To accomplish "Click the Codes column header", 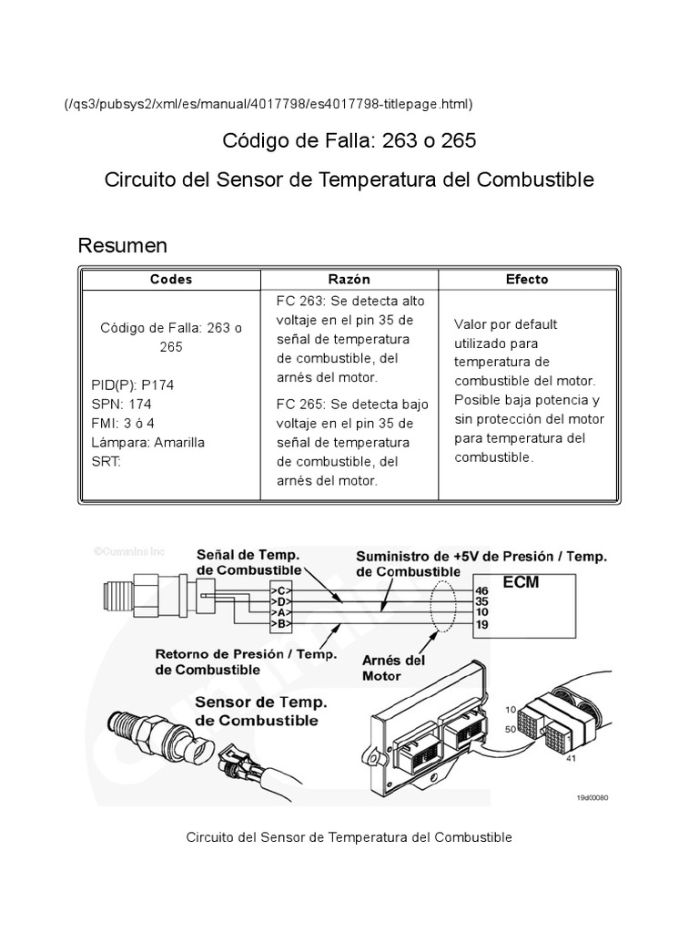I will click(170, 280).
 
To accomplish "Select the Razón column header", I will click(349, 280).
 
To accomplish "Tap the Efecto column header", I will click(527, 280).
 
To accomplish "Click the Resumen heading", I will click(123, 245).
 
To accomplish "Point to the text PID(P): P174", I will click(133, 385).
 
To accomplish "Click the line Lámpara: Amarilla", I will click(148, 442).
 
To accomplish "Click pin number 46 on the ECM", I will click(482, 591).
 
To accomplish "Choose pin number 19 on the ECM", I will click(482, 624).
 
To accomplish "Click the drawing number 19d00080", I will click(592, 795).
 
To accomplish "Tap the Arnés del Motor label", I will click(393, 668).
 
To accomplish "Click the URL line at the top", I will click(268, 105).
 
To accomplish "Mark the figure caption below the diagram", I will click(349, 836).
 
